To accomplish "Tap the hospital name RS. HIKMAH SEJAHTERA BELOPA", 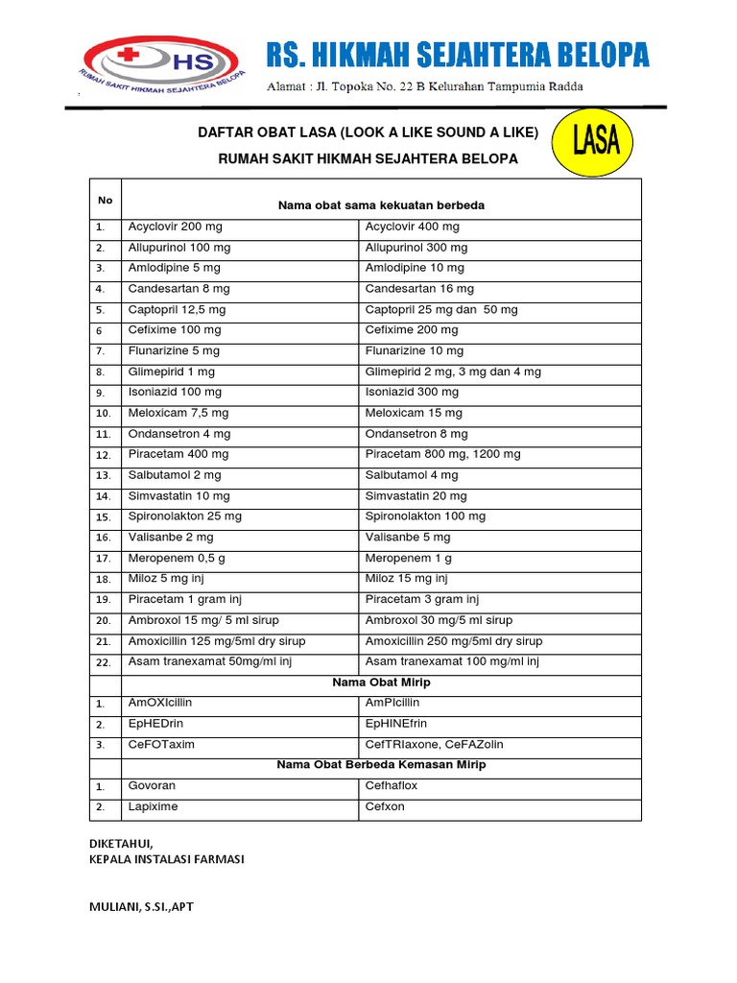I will point(457,56).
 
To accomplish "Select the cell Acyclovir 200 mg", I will point(176,227).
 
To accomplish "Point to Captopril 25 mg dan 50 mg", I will point(441,309).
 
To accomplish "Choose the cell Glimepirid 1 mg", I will point(172,372).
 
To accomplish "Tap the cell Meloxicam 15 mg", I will point(414,413).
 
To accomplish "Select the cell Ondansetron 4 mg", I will point(179,434).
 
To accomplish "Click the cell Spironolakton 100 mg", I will point(425,515).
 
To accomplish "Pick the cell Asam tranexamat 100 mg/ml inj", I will point(452,661).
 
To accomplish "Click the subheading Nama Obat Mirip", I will point(380,683).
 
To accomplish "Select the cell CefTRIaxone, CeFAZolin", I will point(434,744).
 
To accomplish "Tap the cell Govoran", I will point(153,785).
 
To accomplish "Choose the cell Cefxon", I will point(385,806).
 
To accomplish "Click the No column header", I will point(106,200).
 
